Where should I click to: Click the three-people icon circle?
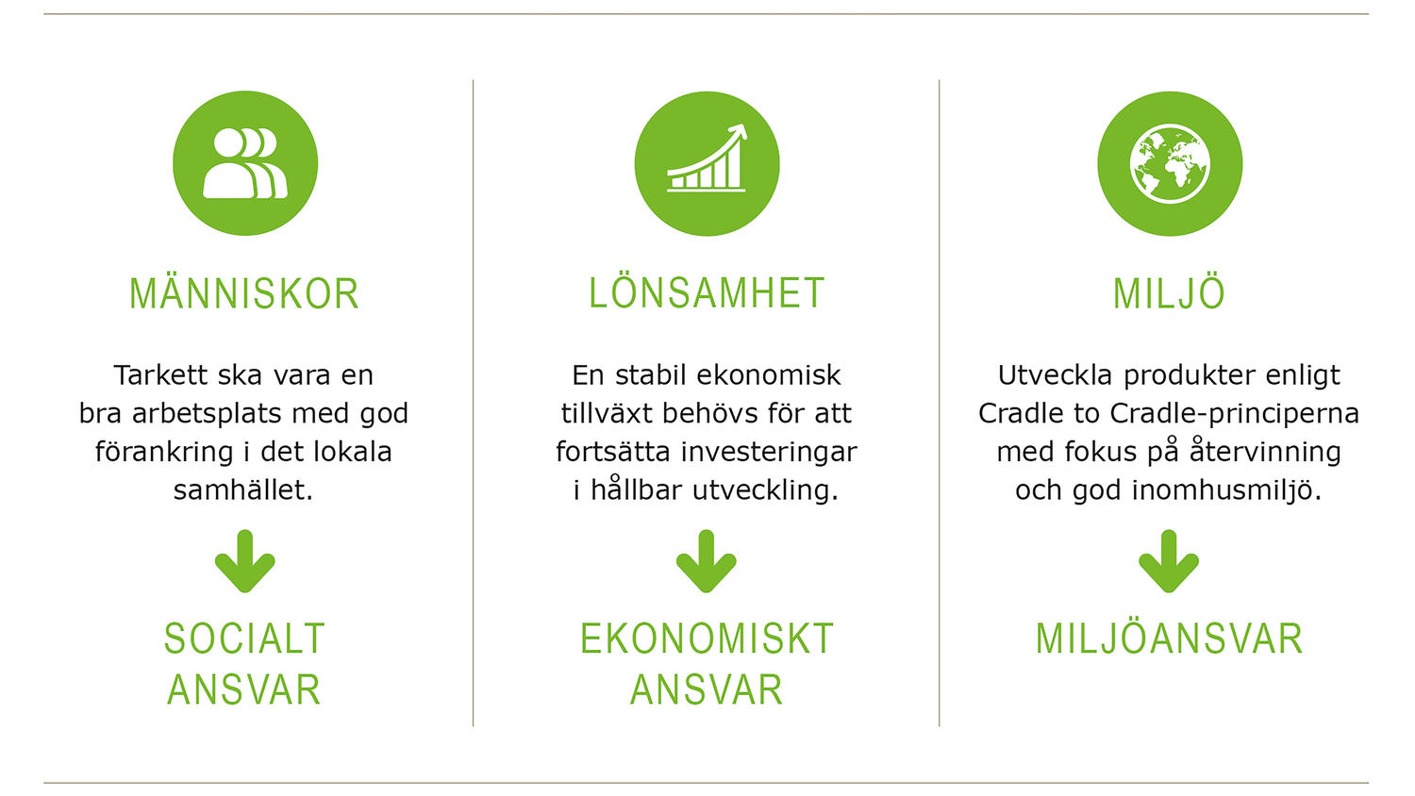tap(245, 163)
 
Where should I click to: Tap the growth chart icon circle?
tap(707, 163)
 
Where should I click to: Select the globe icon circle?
tap(1170, 163)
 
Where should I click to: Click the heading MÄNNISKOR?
tap(244, 292)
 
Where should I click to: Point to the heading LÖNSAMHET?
tap(707, 292)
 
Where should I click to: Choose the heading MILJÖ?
tap(1170, 292)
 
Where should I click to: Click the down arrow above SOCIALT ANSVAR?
tap(245, 561)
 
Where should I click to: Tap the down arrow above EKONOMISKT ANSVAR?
tap(707, 561)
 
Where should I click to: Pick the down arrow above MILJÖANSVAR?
tap(1169, 561)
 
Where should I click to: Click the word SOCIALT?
tap(244, 638)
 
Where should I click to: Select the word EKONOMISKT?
tap(707, 638)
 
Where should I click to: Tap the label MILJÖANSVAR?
tap(1170, 638)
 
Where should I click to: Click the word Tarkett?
tap(161, 375)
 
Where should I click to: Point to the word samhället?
tap(243, 490)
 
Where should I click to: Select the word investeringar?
tap(769, 453)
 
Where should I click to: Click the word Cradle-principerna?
tap(1234, 414)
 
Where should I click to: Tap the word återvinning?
tap(1265, 452)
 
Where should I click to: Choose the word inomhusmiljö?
tap(1226, 490)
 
